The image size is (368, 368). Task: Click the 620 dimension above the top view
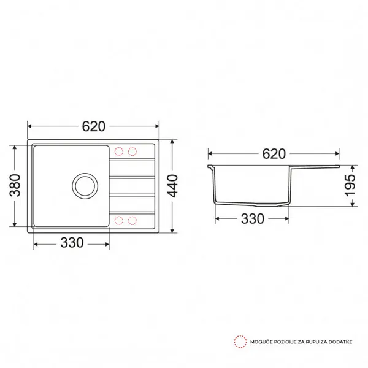point(93,126)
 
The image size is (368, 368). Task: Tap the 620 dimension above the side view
point(274,154)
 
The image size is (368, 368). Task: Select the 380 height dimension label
point(15,185)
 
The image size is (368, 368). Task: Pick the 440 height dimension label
point(173,186)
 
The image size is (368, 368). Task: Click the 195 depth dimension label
point(350,185)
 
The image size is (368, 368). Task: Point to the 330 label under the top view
point(72,243)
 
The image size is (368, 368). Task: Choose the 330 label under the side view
point(253,219)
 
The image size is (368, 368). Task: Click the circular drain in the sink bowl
point(85,186)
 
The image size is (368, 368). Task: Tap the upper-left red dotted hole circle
point(119,151)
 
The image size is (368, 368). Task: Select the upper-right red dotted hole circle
point(132,151)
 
